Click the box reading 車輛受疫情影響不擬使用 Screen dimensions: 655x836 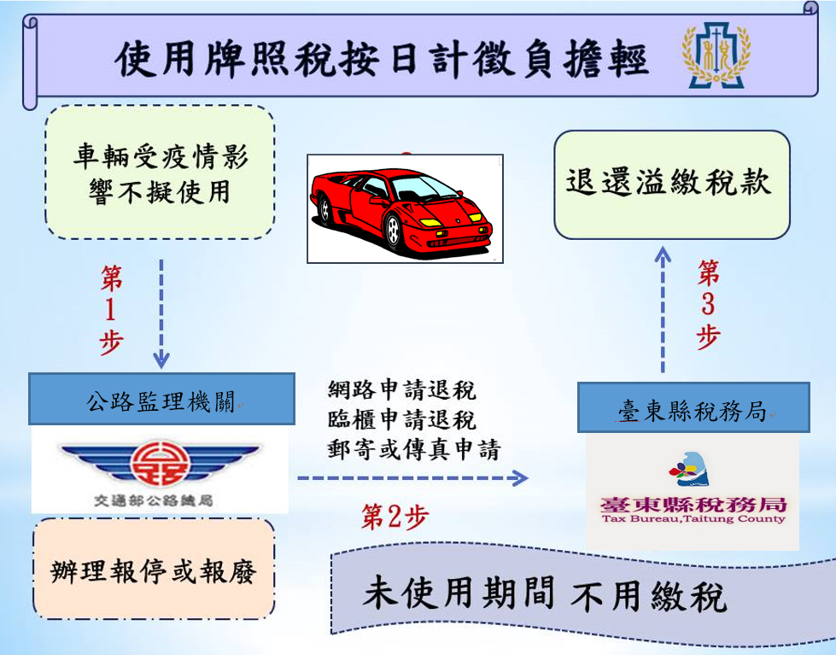click(160, 173)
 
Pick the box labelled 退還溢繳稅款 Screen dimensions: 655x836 click(671, 184)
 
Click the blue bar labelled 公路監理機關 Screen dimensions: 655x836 click(162, 400)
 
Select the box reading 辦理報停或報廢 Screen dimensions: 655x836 click(154, 569)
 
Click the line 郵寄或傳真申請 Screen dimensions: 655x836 click(413, 449)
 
